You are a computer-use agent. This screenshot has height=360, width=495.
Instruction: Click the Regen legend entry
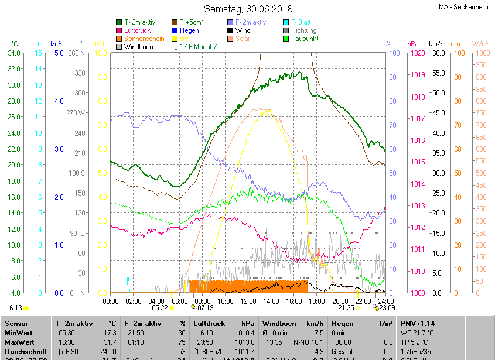click(189, 30)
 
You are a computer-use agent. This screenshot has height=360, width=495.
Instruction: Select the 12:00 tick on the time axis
click(248, 301)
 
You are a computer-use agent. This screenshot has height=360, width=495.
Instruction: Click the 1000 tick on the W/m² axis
click(480, 53)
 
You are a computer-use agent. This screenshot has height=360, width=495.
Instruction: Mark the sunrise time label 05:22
click(159, 307)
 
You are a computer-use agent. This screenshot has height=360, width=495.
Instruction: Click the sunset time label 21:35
click(346, 307)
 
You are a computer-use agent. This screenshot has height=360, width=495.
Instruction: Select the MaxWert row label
click(20, 342)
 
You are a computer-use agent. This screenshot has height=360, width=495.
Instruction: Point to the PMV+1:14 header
click(417, 323)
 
